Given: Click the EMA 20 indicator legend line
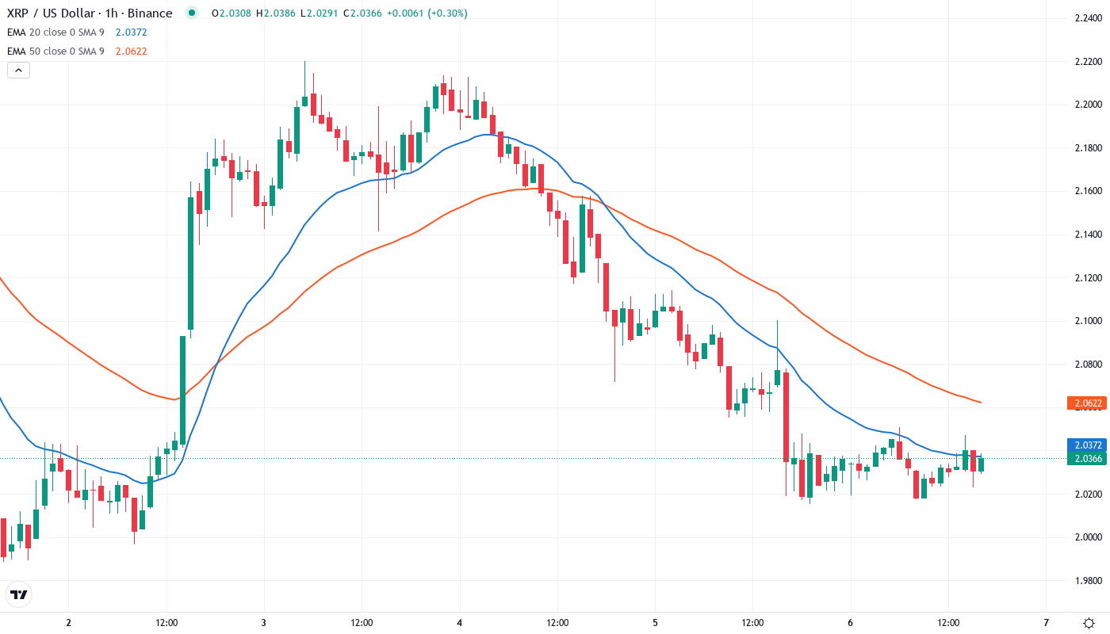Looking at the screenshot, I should [77, 32].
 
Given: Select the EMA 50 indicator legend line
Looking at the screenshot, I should [77, 52].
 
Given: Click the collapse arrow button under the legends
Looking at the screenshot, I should [19, 70].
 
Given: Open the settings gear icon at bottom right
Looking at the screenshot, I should [1090, 622].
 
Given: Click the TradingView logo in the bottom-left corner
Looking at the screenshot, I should [19, 594].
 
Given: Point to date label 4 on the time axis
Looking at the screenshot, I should [460, 622].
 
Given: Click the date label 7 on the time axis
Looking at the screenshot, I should [1046, 622].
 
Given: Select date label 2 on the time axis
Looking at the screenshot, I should [68, 622].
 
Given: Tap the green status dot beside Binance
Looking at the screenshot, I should [191, 13].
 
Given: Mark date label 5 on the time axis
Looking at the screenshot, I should [656, 622].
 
